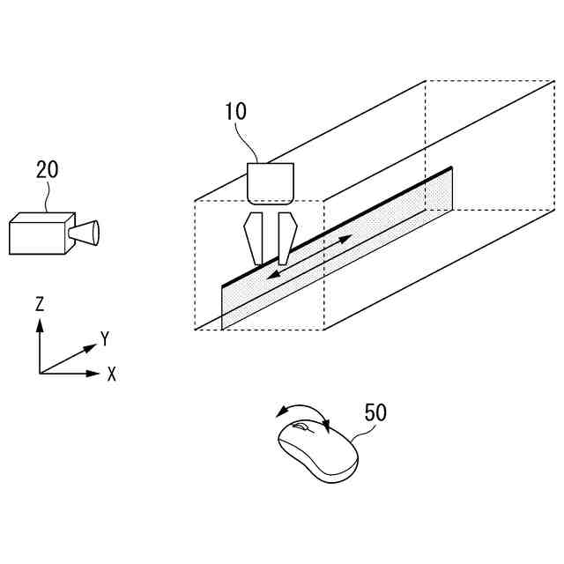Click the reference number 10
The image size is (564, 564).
pos(235,111)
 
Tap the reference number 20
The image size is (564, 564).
pos(47,169)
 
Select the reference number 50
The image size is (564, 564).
pos(375,412)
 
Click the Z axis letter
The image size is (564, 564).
pos(40,305)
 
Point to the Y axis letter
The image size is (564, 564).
pos(104,338)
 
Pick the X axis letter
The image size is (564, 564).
pos(112,374)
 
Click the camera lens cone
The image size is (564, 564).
pos(86,233)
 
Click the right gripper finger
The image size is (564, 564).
pos(284,238)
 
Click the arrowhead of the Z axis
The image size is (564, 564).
pos(40,323)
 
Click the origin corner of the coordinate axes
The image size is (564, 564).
pos(40,374)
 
